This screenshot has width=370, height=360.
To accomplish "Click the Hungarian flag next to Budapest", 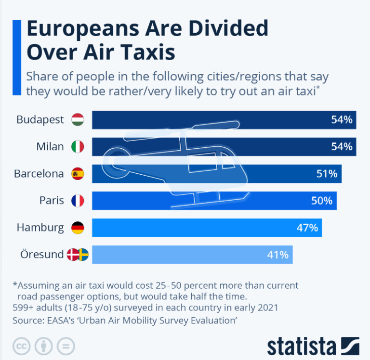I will click(78, 120).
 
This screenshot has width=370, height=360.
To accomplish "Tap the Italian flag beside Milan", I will click(78, 147).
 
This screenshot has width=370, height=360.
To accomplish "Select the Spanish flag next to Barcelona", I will click(78, 174).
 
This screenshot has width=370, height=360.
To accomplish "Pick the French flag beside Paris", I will click(78, 201).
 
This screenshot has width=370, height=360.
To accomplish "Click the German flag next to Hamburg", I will click(78, 228).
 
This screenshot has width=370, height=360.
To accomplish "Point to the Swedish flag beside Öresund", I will click(83, 255).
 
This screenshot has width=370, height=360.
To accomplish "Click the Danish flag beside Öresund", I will click(72, 255).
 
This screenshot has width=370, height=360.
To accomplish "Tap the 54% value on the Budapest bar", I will click(342, 120).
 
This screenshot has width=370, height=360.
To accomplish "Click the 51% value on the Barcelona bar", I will click(327, 174).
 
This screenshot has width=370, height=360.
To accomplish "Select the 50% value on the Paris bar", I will click(322, 201).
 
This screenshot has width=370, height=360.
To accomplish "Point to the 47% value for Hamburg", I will click(307, 228).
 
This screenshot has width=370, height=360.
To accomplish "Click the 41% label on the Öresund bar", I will click(277, 255).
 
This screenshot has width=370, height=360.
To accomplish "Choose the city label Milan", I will click(50, 147).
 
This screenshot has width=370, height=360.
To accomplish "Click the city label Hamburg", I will click(40, 228).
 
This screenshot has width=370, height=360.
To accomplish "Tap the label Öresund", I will click(42, 255).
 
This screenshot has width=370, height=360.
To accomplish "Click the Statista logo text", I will click(302, 346).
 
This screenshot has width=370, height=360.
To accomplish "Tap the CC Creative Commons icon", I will click(21, 346).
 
